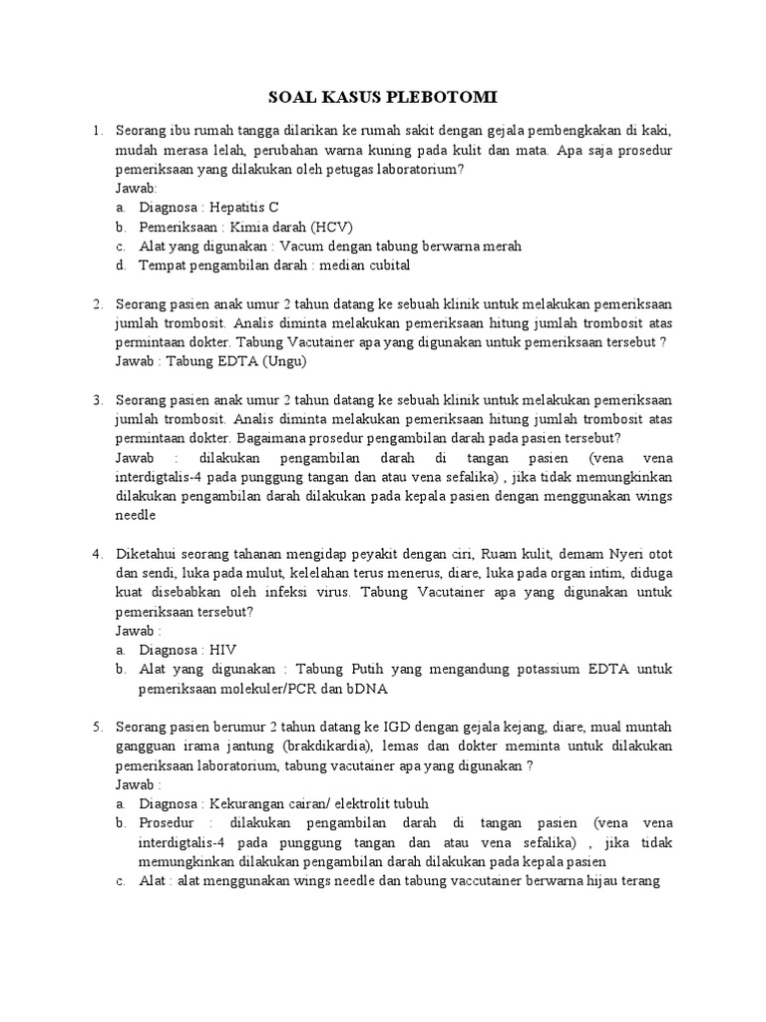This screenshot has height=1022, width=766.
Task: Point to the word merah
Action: tap(498, 246)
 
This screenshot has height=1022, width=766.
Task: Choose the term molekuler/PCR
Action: tap(254, 689)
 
